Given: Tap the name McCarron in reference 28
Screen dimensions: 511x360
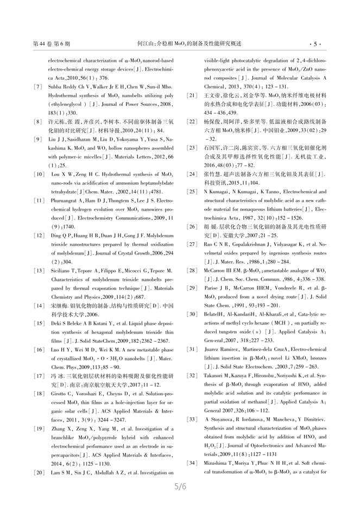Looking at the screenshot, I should [214, 269].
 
